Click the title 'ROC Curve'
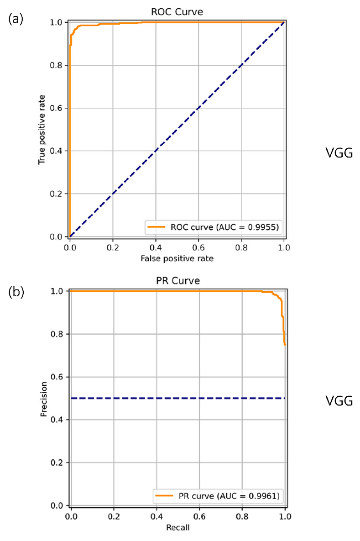click(x=177, y=12)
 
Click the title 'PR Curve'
click(x=178, y=280)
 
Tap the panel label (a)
click(x=16, y=19)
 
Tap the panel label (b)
click(x=16, y=292)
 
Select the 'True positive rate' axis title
click(x=42, y=129)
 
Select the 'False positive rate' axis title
click(x=177, y=258)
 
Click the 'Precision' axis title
click(x=44, y=399)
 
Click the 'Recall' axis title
click(x=178, y=528)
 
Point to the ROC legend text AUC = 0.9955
click(x=247, y=227)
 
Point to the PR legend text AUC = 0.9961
click(x=248, y=496)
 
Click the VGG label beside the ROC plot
click(x=339, y=152)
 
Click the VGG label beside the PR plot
click(x=339, y=400)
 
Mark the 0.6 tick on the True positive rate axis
click(x=57, y=108)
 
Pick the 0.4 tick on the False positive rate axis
click(x=156, y=247)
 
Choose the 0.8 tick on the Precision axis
click(x=57, y=334)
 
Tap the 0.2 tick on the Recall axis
click(x=114, y=516)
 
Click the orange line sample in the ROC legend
click(x=156, y=227)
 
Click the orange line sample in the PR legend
click(x=164, y=496)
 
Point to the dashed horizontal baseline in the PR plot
click(x=178, y=398)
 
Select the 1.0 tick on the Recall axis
click(x=285, y=516)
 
